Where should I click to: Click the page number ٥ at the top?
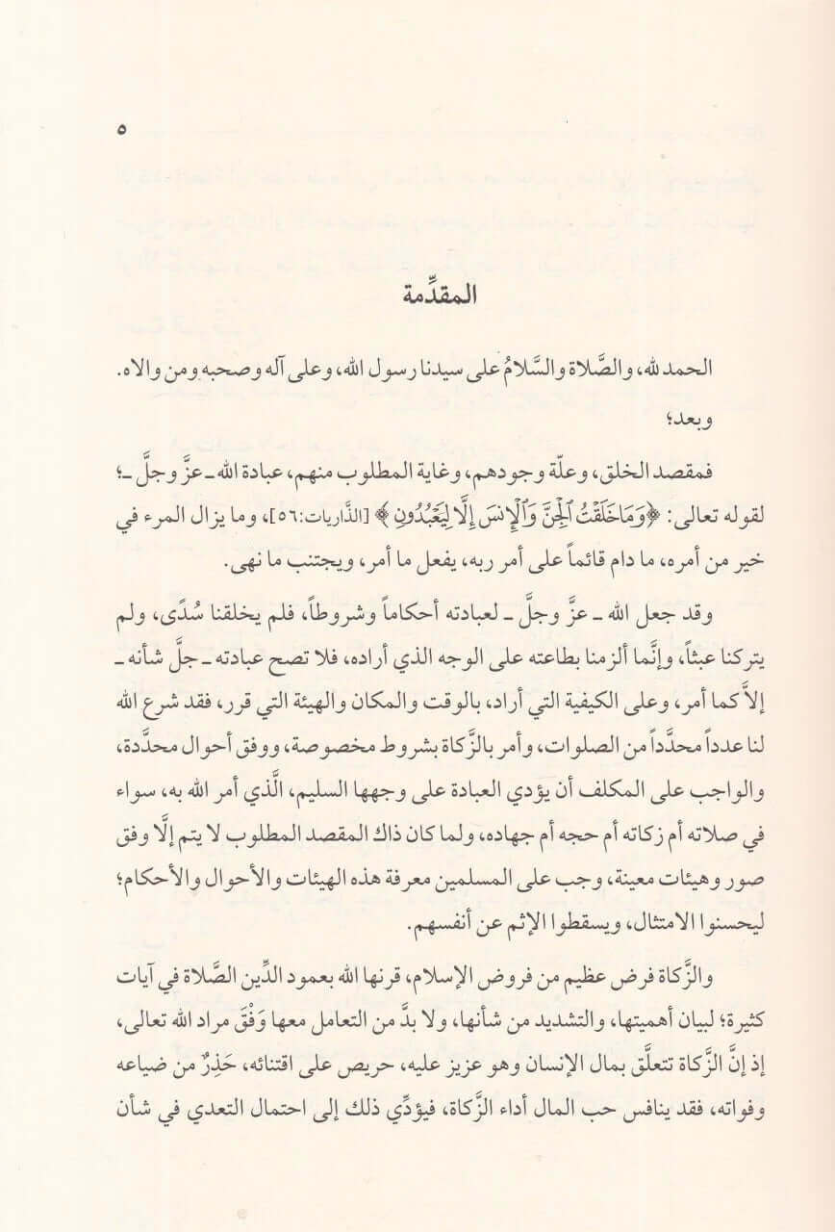pos(121,129)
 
